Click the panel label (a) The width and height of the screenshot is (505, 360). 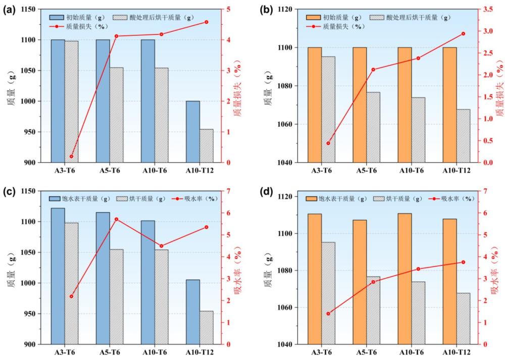click(x=9, y=10)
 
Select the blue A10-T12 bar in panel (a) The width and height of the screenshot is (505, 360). click(x=193, y=132)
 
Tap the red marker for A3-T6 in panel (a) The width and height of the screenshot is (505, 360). click(x=72, y=157)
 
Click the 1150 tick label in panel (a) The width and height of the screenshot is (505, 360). click(x=28, y=9)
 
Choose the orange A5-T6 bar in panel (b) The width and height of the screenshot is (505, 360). click(x=360, y=105)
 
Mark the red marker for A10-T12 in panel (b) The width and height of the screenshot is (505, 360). click(x=464, y=33)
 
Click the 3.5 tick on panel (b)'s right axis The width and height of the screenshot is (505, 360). click(x=488, y=9)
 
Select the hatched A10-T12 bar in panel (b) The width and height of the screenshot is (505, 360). click(x=463, y=136)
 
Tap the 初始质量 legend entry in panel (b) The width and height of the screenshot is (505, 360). click(x=334, y=17)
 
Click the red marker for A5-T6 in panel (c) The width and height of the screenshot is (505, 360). click(x=117, y=219)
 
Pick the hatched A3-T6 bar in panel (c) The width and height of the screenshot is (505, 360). click(x=72, y=283)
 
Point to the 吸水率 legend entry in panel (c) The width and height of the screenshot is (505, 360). click(x=195, y=198)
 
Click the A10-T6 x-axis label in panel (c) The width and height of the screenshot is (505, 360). click(x=155, y=352)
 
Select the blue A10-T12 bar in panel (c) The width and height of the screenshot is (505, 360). click(x=193, y=312)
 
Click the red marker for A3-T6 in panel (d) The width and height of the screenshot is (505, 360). click(x=328, y=314)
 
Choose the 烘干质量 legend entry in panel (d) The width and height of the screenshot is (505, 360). click(x=398, y=198)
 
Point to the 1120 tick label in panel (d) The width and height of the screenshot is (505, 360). click(x=285, y=197)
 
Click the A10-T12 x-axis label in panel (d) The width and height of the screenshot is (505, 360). click(x=457, y=352)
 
